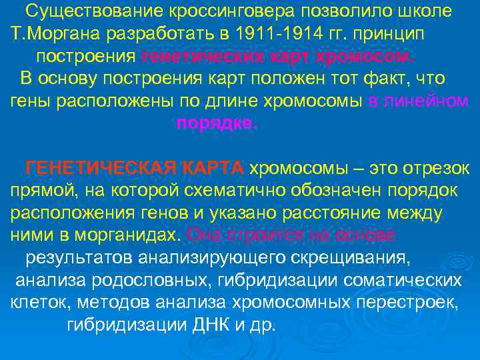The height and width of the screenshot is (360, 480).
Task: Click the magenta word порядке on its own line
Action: [x=216, y=123]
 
